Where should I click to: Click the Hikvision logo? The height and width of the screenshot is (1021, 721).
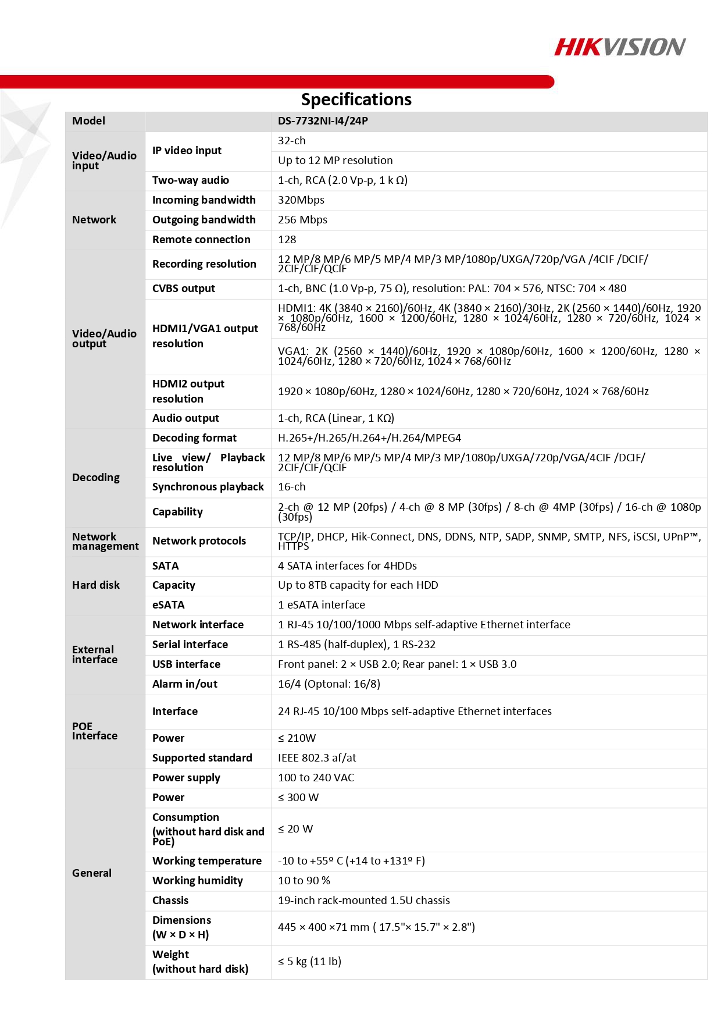pyautogui.click(x=619, y=47)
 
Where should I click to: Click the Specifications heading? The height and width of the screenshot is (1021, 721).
pyautogui.click(x=356, y=99)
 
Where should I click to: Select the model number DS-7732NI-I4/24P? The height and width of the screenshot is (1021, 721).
pyautogui.click(x=323, y=121)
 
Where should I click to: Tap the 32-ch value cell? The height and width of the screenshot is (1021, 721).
pyautogui.click(x=292, y=141)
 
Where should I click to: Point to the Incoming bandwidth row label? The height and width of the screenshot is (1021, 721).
pyautogui.click(x=204, y=200)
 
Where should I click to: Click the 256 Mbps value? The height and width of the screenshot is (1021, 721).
pyautogui.click(x=302, y=220)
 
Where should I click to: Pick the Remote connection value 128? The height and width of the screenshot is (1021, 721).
pyautogui.click(x=287, y=240)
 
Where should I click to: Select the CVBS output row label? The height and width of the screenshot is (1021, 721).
pyautogui.click(x=184, y=289)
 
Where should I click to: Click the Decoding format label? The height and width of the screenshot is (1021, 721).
pyautogui.click(x=194, y=438)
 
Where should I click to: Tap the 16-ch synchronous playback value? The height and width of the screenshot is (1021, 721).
pyautogui.click(x=292, y=487)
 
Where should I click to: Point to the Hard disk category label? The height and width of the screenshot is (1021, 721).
pyautogui.click(x=96, y=585)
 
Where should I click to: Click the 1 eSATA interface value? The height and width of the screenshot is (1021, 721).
pyautogui.click(x=322, y=605)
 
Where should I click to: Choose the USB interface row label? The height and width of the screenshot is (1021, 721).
pyautogui.click(x=186, y=664)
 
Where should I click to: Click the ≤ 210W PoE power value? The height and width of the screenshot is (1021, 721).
pyautogui.click(x=297, y=738)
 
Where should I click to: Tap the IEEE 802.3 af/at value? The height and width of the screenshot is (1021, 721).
pyautogui.click(x=317, y=758)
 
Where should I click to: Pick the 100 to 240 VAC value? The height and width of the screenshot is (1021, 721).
pyautogui.click(x=316, y=778)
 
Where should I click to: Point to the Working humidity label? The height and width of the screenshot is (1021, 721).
pyautogui.click(x=198, y=881)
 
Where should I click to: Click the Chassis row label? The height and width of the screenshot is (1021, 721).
pyautogui.click(x=170, y=901)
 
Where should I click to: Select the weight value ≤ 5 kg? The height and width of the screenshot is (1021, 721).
pyautogui.click(x=309, y=962)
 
